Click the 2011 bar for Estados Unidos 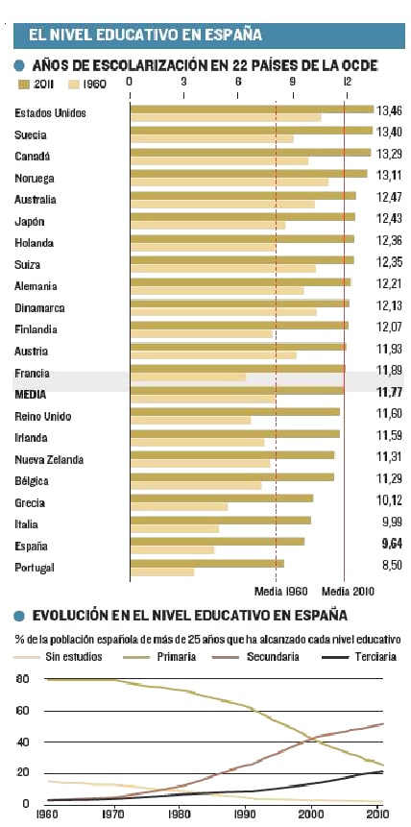[x=253, y=109]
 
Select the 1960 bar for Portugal [x=162, y=572]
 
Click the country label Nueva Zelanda [x=49, y=459]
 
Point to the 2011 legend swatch [x=23, y=84]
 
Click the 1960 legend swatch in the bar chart [x=73, y=84]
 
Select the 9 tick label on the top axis [x=292, y=82]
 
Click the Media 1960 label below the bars [x=280, y=592]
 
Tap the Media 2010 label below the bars [x=349, y=592]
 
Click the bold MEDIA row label [x=31, y=395]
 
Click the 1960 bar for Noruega [x=229, y=182]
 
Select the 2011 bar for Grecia [x=222, y=498]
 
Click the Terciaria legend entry [x=359, y=657]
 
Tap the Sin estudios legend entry [x=58, y=657]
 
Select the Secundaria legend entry [x=255, y=657]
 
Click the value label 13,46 [x=389, y=110]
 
